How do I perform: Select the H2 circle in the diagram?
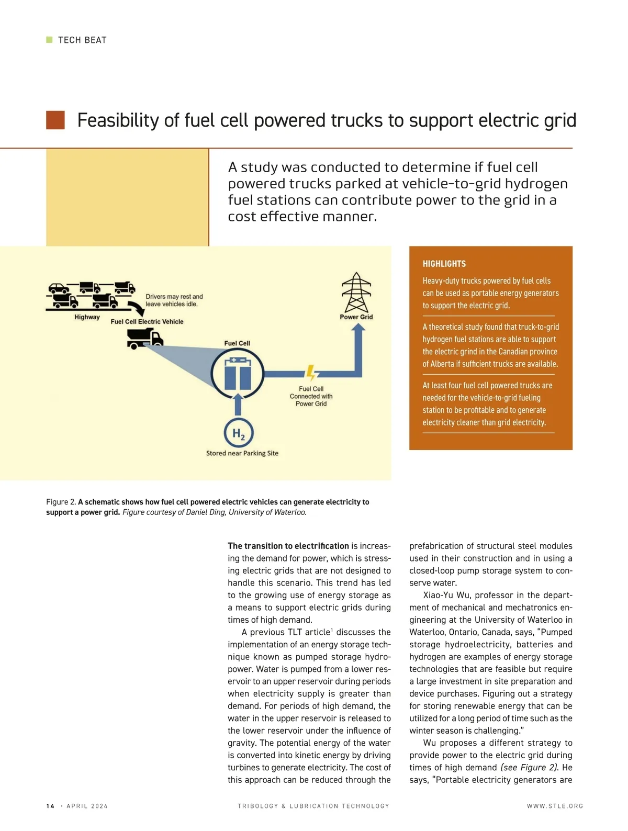239,434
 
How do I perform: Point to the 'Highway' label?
87,317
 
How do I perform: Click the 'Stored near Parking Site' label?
242,453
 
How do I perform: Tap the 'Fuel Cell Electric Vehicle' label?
147,322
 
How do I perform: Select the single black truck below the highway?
145,340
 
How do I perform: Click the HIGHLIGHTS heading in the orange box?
444,264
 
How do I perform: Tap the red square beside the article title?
55,120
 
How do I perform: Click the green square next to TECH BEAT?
50,40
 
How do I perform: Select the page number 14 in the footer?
50,806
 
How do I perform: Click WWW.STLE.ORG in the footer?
555,806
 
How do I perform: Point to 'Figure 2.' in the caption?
61,502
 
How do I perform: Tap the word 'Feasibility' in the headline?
118,120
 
